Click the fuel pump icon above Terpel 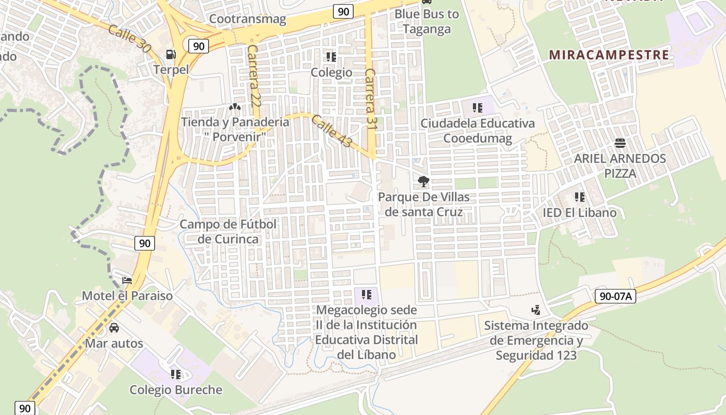[x=170, y=54]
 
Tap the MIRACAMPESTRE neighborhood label [x=609, y=54]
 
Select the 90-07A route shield [x=615, y=296]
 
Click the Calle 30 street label [x=130, y=38]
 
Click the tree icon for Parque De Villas [x=424, y=182]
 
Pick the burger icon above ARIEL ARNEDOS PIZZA [x=620, y=143]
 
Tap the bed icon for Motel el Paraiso [x=127, y=280]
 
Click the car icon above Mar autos [x=114, y=328]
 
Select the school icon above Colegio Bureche [x=176, y=374]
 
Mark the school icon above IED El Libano [x=579, y=197]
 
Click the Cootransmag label [x=247, y=19]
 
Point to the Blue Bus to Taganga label [x=427, y=21]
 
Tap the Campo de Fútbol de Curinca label [x=228, y=231]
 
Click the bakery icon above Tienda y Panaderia [x=234, y=107]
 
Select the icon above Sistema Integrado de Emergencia [x=536, y=310]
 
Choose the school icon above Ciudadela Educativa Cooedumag [x=477, y=108]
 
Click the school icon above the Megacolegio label [x=367, y=295]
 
